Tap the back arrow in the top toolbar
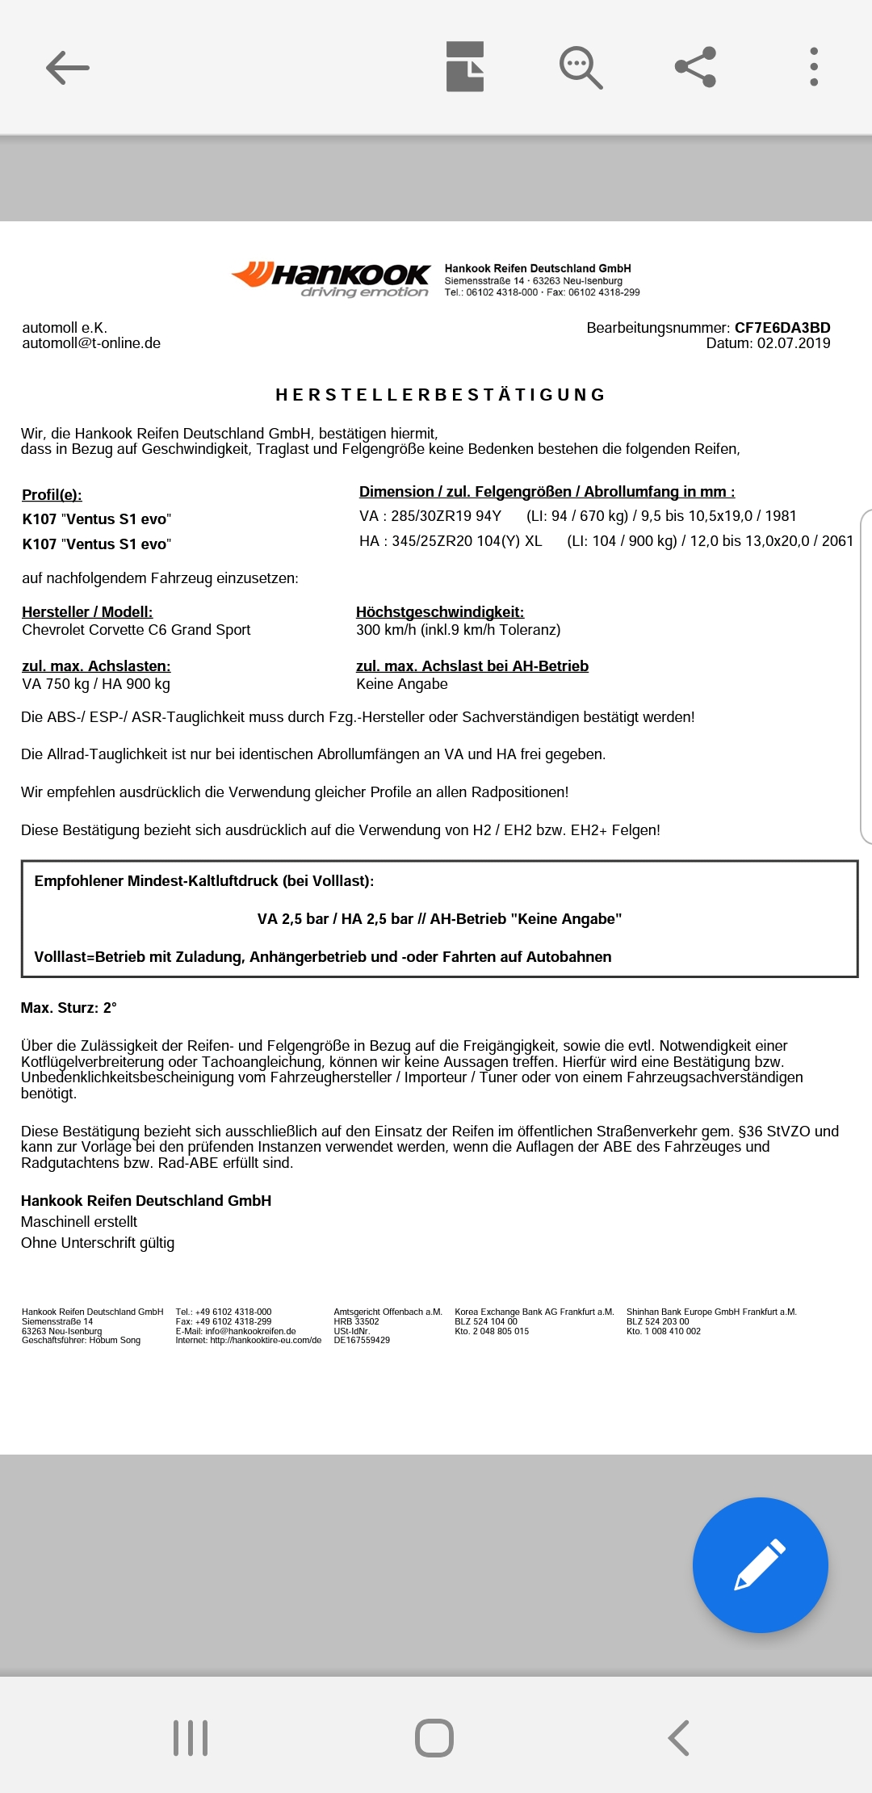coord(68,68)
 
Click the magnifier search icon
coord(581,68)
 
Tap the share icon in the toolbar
coord(695,67)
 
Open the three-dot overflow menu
coord(814,67)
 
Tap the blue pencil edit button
coord(760,1564)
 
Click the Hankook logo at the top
coord(331,279)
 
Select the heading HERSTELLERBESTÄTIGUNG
coord(441,395)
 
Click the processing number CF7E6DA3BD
coord(782,328)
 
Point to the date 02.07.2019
coord(793,343)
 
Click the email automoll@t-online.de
coord(91,343)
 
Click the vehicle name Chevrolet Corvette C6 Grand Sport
coord(136,630)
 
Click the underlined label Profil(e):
coord(52,495)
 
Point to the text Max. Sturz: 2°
coord(69,1008)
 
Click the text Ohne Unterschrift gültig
coord(98,1243)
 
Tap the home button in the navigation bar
coord(434,1737)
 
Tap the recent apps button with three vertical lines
coord(191,1737)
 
